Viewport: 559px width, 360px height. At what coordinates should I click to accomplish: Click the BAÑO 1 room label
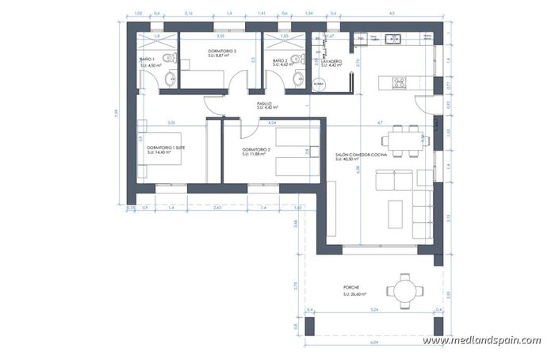[146, 59]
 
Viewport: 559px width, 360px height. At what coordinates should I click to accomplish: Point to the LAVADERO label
[331, 61]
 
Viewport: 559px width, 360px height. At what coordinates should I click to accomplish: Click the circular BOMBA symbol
[320, 83]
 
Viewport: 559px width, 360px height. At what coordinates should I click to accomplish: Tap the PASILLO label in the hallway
[264, 104]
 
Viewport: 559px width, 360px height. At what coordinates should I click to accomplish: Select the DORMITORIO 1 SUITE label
[167, 147]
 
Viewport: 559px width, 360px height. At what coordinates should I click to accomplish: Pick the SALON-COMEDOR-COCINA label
[362, 155]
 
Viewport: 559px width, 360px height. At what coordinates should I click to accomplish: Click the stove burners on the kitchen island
[399, 82]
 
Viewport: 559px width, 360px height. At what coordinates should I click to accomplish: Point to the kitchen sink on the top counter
[391, 37]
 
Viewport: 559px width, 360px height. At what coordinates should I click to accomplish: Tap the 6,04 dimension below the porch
[373, 343]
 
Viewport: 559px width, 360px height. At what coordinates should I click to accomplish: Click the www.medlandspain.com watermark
[481, 340]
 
